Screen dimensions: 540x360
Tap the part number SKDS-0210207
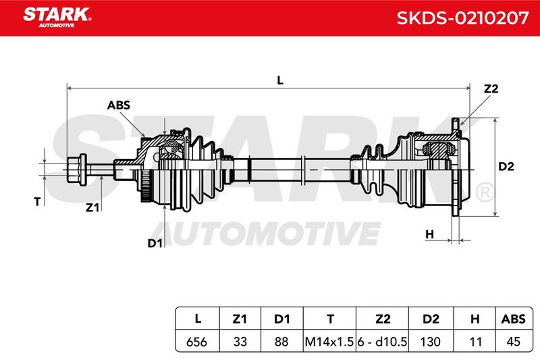coord(462,18)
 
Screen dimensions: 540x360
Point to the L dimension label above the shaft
coord(280,80)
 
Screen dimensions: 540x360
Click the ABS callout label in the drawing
coord(119,105)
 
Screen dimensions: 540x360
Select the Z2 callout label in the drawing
coord(491,89)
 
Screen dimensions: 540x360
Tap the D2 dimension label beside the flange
coord(506,167)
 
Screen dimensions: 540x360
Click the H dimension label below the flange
coord(430,234)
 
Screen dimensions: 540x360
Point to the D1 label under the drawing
coord(155,243)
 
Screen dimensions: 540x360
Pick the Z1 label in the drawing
coord(92,207)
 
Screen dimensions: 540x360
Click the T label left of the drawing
coord(37,201)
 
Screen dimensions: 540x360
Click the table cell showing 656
coord(196,342)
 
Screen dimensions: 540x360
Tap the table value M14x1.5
coord(329,342)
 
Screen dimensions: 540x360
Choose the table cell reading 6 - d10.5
coord(382,342)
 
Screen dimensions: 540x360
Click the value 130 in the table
coord(431,342)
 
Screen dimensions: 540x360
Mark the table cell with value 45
coord(514,342)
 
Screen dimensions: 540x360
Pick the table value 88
coord(281,342)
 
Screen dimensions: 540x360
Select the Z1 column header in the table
coord(240,319)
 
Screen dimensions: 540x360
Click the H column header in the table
coord(475,319)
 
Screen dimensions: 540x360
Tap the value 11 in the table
coord(475,342)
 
